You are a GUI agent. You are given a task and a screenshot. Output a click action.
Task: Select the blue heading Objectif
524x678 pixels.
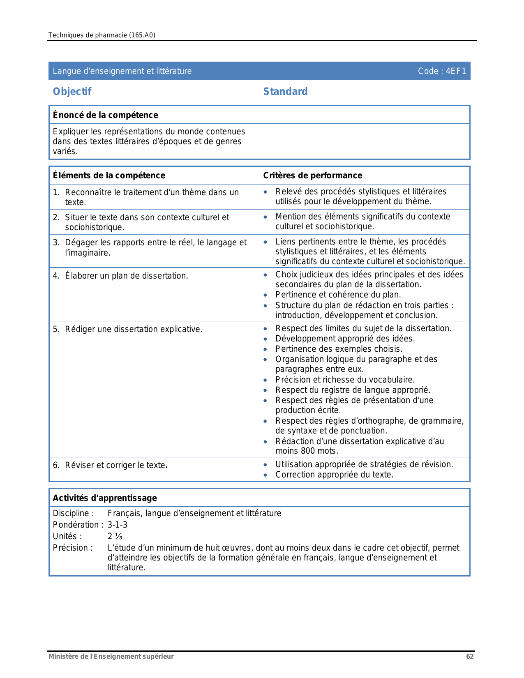[x=72, y=91]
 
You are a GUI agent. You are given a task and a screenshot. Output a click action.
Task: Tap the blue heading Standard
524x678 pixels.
[x=285, y=91]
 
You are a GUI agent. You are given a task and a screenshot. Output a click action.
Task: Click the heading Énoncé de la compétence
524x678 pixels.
[x=105, y=115]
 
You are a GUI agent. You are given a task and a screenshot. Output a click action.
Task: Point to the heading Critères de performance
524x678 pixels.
[x=312, y=175]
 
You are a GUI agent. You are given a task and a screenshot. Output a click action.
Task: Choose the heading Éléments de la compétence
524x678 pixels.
[x=109, y=175]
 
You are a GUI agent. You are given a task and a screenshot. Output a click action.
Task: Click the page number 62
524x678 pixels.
[x=470, y=656]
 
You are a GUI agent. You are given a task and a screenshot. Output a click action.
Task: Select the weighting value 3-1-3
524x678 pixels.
[x=118, y=525]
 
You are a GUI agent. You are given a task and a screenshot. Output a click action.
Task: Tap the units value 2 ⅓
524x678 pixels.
[x=115, y=536]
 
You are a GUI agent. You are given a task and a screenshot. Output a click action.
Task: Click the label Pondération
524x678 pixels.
[x=76, y=525]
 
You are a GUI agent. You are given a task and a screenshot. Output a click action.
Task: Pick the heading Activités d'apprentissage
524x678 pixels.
[x=105, y=498]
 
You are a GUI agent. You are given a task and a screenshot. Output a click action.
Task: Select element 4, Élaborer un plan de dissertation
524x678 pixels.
[x=126, y=276]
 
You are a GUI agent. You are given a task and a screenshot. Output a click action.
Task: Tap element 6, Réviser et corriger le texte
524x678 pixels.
[x=116, y=465]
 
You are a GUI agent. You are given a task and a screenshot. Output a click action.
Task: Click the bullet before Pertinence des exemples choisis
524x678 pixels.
[x=265, y=349]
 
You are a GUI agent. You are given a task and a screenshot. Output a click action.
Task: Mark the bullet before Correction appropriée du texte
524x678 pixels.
[x=265, y=475]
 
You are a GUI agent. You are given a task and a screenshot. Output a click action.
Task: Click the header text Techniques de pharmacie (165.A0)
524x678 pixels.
[x=102, y=35]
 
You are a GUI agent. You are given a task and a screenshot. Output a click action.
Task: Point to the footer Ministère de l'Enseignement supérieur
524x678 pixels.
[x=111, y=656]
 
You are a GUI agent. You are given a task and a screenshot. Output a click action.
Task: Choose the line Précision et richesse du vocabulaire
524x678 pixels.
[x=345, y=380]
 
